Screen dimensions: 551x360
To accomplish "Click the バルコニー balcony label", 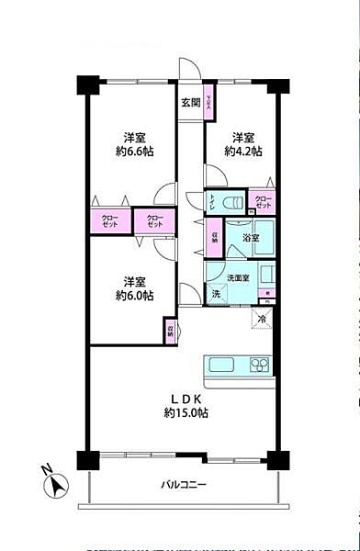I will coord(184,485).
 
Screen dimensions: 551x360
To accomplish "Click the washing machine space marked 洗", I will coord(216,294).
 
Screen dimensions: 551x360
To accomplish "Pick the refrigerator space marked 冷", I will coord(262,318).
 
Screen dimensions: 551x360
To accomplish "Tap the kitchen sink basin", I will coord(224,365).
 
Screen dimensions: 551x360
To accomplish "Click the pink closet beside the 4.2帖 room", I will coord(262,203).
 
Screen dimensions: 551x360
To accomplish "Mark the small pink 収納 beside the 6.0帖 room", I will coord(171,331).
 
